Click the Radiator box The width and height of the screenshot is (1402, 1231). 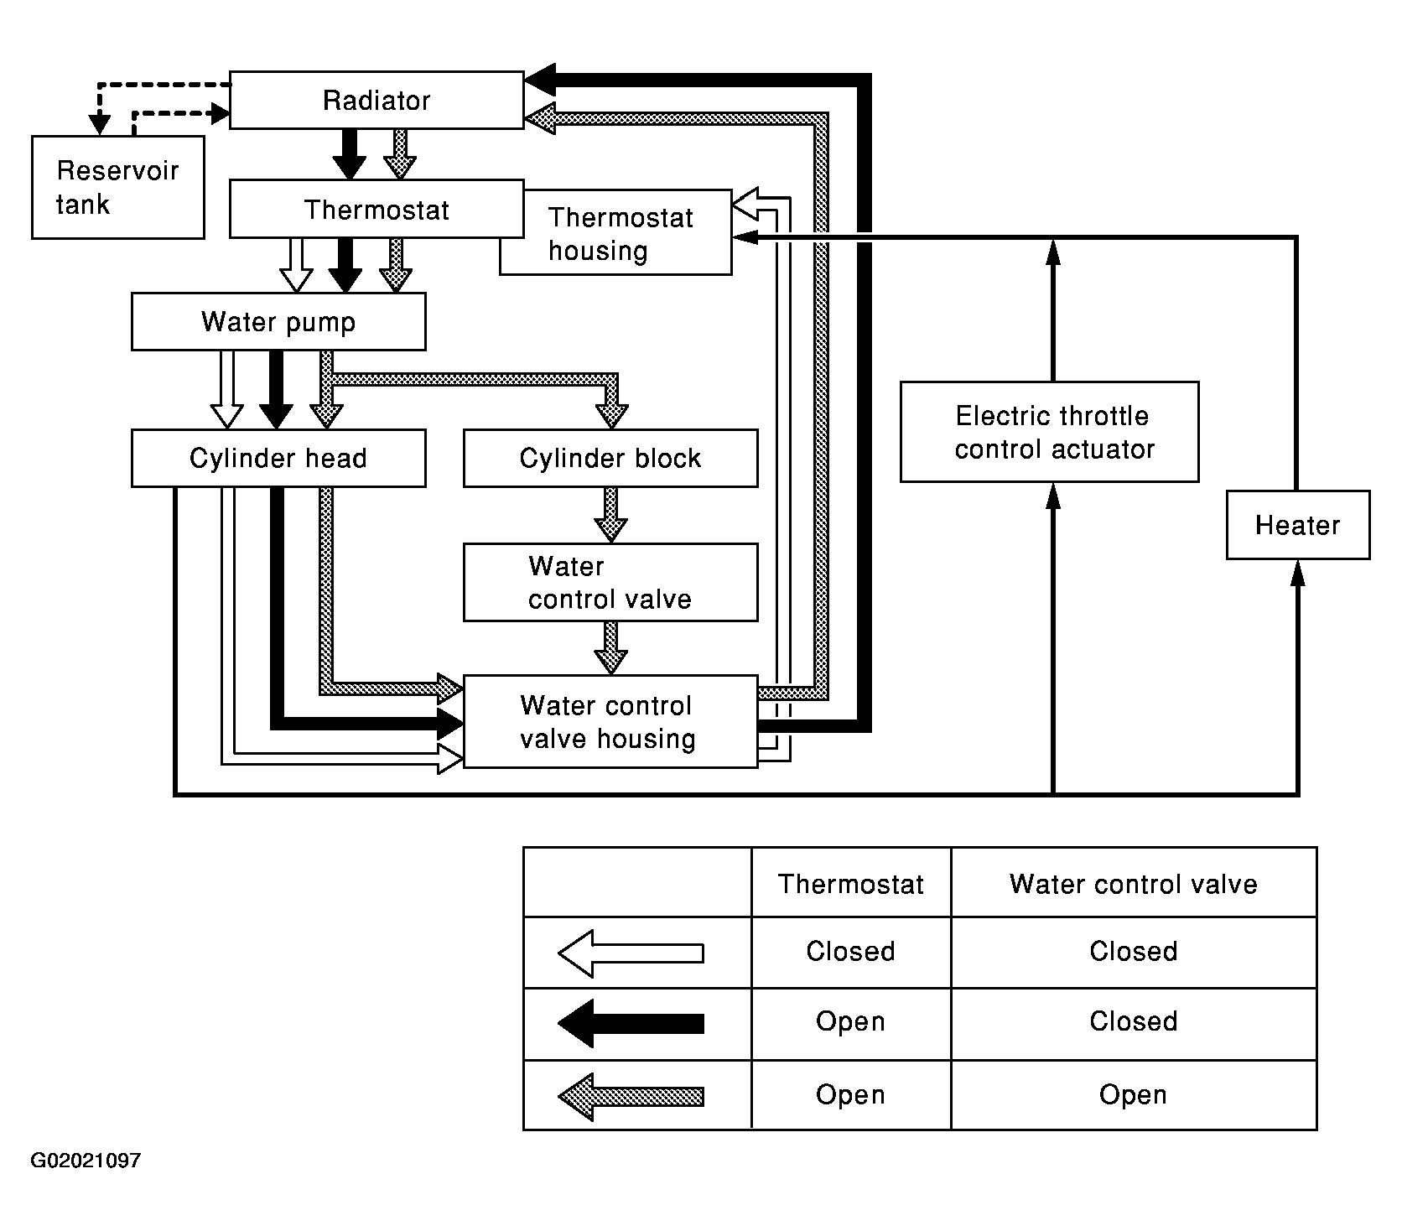(x=376, y=101)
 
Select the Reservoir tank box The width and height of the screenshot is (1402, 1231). (x=117, y=188)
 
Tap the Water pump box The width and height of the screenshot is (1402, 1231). (x=278, y=322)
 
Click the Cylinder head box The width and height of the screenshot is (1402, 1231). (x=278, y=459)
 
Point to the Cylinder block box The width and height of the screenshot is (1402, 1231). (x=610, y=459)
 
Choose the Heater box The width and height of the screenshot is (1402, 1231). (x=1297, y=526)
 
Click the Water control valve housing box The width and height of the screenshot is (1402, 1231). (x=610, y=722)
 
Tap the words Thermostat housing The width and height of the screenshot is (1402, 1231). (x=621, y=234)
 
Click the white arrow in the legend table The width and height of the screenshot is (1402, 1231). (x=631, y=953)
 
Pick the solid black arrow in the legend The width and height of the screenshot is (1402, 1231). (x=631, y=1023)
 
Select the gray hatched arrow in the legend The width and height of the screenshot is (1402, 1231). (x=631, y=1096)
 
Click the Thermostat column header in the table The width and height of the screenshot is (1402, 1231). (x=850, y=884)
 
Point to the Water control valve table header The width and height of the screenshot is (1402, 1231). (x=1133, y=884)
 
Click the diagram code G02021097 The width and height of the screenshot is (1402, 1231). (x=86, y=1161)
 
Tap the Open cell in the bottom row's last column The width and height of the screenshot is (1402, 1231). (x=1133, y=1095)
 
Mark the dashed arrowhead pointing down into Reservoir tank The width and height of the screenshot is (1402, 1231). (x=100, y=124)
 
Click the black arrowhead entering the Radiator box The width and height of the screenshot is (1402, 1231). (x=541, y=81)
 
